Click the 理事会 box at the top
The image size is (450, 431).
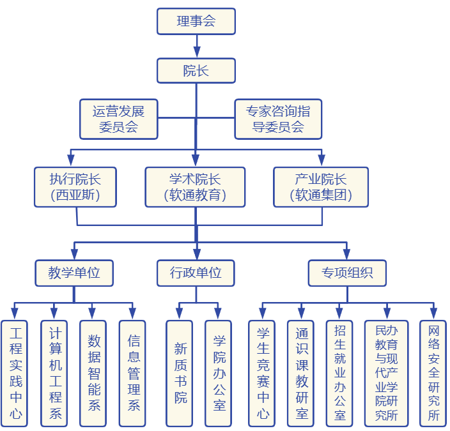pos(196,21)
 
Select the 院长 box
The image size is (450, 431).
pos(196,71)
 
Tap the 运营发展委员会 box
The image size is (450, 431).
pos(118,119)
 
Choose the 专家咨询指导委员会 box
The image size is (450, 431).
pos(278,119)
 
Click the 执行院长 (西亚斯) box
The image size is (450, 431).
pos(75,187)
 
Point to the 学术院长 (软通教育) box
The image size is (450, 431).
pos(195,187)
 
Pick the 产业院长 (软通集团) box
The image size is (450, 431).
pos(321,187)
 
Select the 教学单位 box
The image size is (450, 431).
pos(74,273)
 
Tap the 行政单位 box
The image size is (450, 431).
pos(196,273)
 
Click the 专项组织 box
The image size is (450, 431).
pos(348,273)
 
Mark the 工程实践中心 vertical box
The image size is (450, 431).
pos(16,374)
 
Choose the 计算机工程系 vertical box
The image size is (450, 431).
pos(55,374)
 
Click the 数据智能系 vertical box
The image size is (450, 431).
pos(94,374)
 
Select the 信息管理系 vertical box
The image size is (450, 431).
pos(134,374)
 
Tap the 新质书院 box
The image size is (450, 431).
pos(180,374)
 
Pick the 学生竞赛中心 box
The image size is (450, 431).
pos(262,374)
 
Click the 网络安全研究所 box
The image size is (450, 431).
pos(434,374)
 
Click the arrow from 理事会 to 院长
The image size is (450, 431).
pos(196,46)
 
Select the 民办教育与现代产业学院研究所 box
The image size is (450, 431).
pos(386,374)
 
